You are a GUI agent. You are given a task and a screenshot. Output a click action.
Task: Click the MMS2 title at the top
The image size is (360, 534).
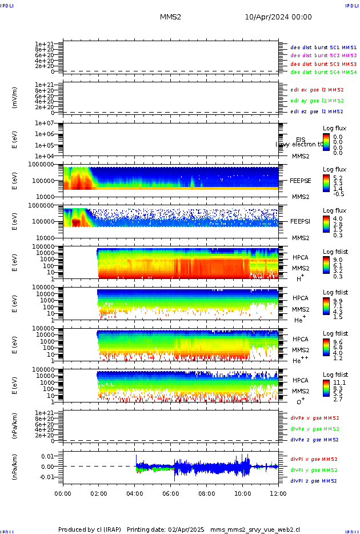[x=170, y=18]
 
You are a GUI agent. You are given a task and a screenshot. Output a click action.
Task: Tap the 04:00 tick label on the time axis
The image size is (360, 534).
[x=135, y=493]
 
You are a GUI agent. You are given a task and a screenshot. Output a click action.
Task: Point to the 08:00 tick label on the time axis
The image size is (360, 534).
[x=207, y=493]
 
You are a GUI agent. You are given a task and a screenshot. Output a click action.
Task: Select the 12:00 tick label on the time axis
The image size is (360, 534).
[x=278, y=493]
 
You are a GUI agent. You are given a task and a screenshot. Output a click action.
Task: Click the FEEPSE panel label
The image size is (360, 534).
[x=300, y=180]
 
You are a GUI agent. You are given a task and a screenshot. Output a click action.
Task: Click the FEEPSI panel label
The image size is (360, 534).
[x=300, y=221]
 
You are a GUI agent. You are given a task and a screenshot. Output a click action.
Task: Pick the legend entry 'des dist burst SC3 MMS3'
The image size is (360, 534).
[x=323, y=64]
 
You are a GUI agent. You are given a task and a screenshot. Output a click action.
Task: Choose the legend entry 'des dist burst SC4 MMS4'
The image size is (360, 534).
[x=323, y=73]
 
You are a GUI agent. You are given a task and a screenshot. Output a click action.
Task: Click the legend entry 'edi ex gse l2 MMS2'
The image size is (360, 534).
[x=317, y=90]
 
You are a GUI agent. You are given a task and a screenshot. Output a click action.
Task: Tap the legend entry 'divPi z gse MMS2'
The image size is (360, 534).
[x=314, y=481]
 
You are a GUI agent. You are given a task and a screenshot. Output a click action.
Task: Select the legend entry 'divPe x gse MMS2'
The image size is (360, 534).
[x=314, y=418]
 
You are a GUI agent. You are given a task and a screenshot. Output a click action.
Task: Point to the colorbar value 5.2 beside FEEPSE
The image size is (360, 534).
[x=338, y=178]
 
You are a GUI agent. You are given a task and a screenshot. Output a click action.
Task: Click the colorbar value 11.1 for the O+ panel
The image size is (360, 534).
[x=339, y=384]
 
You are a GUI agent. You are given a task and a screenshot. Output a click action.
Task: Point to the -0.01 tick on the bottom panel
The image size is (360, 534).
[x=49, y=477]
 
